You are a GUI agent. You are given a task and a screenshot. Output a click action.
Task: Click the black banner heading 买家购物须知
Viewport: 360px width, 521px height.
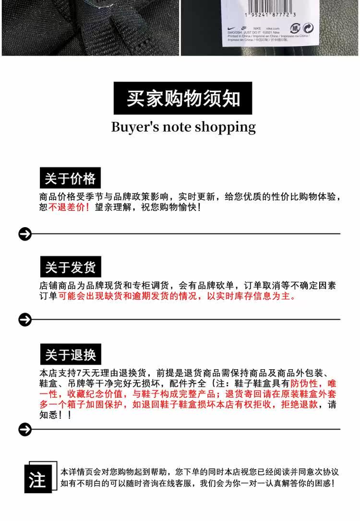(183, 98)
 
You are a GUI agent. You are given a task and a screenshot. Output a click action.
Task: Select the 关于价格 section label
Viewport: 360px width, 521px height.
(70, 179)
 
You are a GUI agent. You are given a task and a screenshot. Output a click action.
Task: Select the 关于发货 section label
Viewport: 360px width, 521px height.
(70, 267)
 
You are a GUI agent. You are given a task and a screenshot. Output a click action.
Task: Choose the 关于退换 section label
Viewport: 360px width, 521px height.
(70, 355)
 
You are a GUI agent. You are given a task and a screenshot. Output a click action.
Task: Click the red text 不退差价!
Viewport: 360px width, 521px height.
(69, 208)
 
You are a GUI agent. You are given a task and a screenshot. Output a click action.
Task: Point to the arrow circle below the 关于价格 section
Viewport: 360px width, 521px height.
(24, 234)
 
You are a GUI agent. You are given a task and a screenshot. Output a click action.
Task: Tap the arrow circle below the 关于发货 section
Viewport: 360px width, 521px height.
(24, 319)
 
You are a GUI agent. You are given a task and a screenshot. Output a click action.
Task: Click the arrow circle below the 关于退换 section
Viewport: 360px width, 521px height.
(24, 429)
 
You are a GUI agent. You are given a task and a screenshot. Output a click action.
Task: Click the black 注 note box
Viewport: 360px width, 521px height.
(37, 480)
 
